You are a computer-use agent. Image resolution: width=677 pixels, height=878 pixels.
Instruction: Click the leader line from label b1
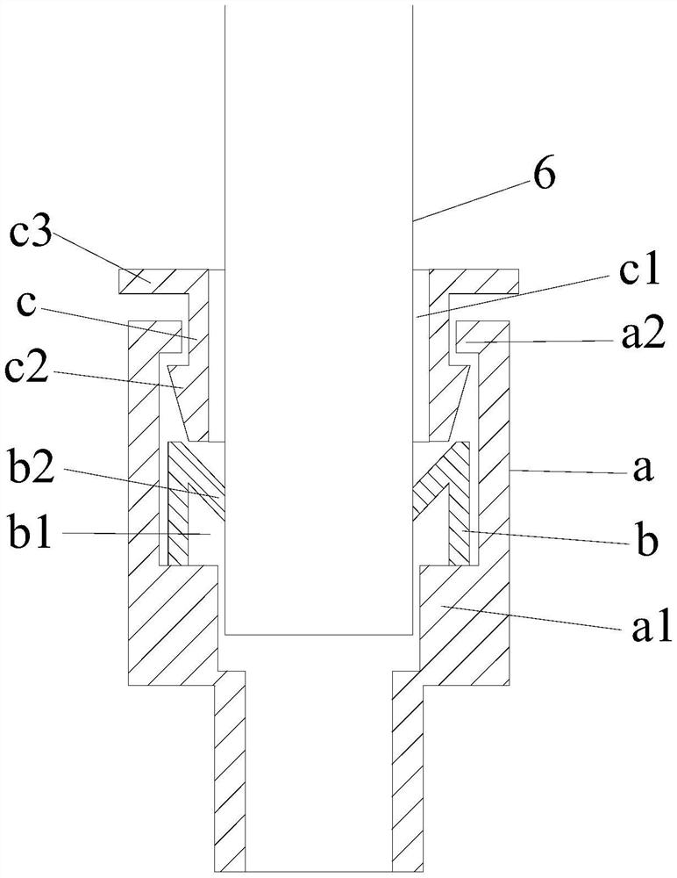[x=149, y=533]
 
